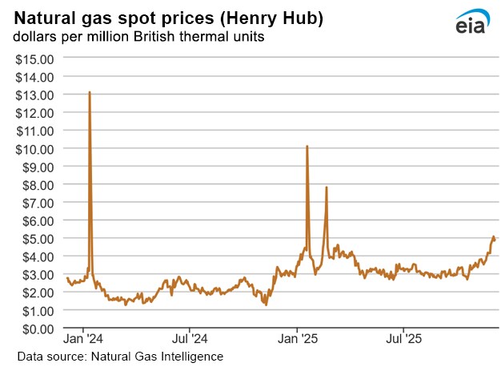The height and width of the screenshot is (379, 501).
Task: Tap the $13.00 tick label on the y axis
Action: pyautogui.click(x=36, y=95)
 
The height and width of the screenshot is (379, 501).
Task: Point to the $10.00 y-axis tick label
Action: pyautogui.click(x=36, y=148)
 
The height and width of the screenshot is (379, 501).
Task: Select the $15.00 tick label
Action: pyautogui.click(x=36, y=58)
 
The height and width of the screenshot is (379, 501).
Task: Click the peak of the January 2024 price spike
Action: pyautogui.click(x=89, y=92)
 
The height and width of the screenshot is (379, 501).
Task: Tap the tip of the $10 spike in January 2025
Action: pyautogui.click(x=307, y=147)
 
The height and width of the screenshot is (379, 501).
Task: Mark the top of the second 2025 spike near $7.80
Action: pyautogui.click(x=327, y=187)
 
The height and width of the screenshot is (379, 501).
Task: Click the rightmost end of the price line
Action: pyautogui.click(x=495, y=239)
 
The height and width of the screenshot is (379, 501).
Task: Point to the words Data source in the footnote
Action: pyautogui.click(x=47, y=355)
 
